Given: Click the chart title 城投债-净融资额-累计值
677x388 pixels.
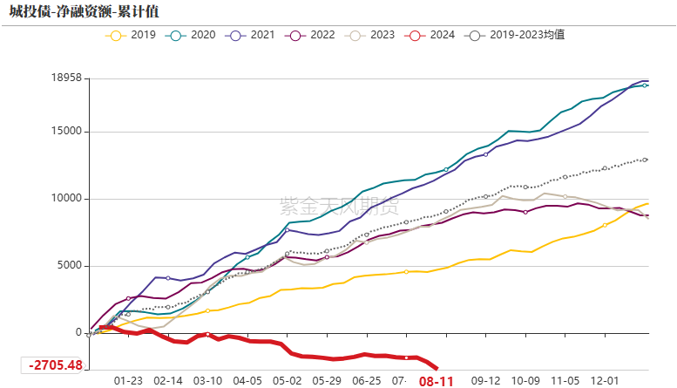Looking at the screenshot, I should [x=85, y=11].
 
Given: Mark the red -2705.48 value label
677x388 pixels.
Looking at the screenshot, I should [x=56, y=365].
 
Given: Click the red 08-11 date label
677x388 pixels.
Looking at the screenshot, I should [x=437, y=381].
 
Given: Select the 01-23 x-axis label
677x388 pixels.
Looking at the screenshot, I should [x=129, y=381].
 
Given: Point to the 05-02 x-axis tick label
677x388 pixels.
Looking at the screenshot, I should [x=287, y=381].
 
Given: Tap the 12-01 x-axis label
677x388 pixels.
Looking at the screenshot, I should [x=605, y=381].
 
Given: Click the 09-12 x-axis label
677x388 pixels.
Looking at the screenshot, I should [x=485, y=381].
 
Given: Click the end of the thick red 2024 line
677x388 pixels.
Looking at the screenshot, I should [x=437, y=368].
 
